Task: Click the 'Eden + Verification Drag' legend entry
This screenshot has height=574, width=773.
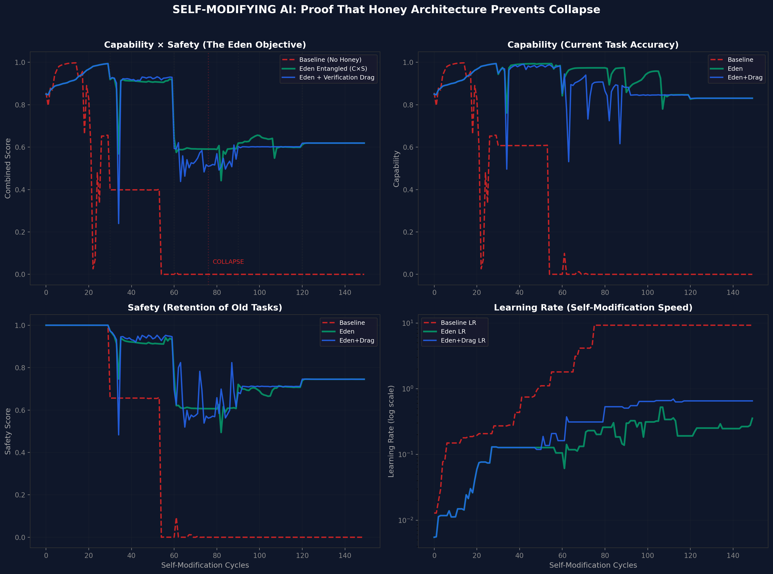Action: coord(336,78)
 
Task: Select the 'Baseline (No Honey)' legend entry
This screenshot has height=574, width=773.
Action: coord(330,60)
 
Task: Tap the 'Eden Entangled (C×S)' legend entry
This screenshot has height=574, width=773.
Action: coord(333,69)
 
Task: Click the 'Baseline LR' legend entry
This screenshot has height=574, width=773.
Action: coord(458,323)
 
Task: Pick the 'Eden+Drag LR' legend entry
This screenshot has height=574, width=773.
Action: coord(463,341)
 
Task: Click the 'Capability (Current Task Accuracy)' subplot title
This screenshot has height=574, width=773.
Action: coord(593,45)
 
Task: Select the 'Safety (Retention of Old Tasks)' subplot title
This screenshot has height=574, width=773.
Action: coord(205,308)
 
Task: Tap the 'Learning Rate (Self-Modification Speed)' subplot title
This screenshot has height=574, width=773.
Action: coord(593,308)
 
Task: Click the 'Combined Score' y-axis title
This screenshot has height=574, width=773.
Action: coord(8,168)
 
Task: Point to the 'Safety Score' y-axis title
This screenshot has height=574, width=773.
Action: coord(8,431)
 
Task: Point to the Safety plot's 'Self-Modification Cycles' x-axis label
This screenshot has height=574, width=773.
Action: coord(205,565)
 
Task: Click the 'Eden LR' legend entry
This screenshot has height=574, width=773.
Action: coord(453,331)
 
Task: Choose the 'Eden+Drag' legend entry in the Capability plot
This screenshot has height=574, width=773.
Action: coord(745,78)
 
